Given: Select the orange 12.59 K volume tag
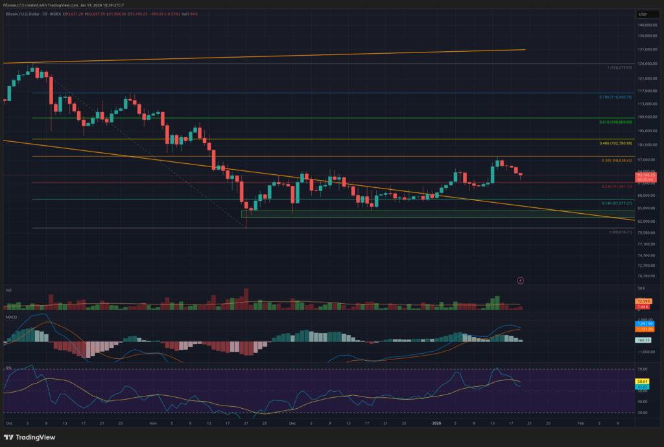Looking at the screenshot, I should pos(643,301).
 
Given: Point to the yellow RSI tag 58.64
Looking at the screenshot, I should pos(644,383).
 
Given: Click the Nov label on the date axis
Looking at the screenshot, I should pos(153,422).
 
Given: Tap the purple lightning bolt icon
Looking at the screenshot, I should pos(521,280).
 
